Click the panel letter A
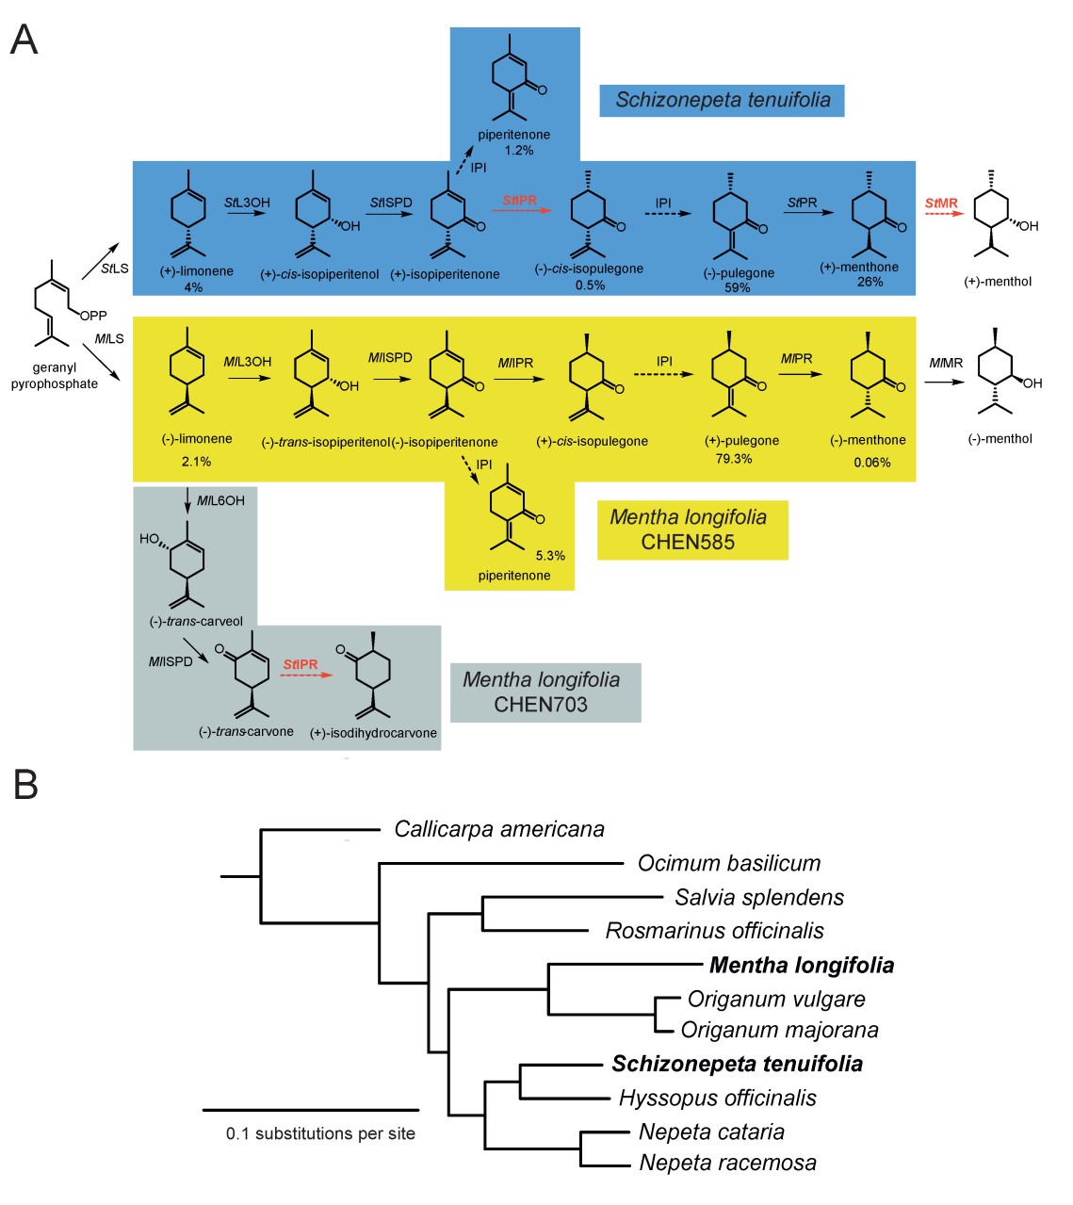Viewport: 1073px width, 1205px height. (x=24, y=40)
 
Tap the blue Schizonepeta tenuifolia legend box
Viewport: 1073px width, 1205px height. (x=722, y=100)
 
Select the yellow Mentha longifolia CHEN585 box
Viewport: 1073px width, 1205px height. (x=692, y=529)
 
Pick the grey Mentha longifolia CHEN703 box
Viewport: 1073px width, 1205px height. (x=545, y=692)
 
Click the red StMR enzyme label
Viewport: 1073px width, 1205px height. (x=941, y=204)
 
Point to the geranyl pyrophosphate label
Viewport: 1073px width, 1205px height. (x=55, y=376)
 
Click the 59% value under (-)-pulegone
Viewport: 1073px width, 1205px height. (x=737, y=287)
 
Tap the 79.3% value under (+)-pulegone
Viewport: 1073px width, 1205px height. (x=733, y=459)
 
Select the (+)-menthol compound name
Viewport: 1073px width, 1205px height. (x=998, y=282)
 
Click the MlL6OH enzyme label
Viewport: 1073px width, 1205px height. (x=220, y=501)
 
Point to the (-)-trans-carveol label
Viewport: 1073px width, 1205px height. (x=196, y=621)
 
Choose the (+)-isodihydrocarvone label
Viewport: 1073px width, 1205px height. (x=373, y=733)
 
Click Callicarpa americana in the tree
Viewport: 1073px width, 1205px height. (x=499, y=829)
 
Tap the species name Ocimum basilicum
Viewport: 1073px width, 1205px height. (x=728, y=863)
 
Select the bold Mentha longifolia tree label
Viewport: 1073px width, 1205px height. (x=802, y=965)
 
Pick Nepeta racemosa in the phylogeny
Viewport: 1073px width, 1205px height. (x=727, y=1163)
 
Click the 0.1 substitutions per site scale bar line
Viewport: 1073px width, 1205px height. (x=310, y=1110)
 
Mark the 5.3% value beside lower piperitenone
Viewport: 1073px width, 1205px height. (x=550, y=556)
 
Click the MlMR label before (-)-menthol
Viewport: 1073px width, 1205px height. (x=946, y=364)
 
